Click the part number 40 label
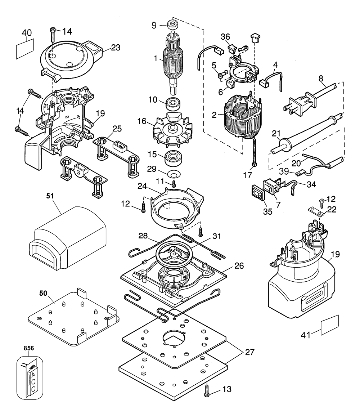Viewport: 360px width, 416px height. pyautogui.click(x=27, y=33)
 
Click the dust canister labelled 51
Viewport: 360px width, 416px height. pyautogui.click(x=69, y=236)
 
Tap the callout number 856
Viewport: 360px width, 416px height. pyautogui.click(x=29, y=348)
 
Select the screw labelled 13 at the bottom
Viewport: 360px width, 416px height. pyautogui.click(x=207, y=392)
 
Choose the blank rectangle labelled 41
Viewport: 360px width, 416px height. pyautogui.click(x=330, y=325)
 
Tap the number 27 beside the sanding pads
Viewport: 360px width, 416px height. pyautogui.click(x=249, y=352)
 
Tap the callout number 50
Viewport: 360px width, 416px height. pyautogui.click(x=43, y=293)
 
